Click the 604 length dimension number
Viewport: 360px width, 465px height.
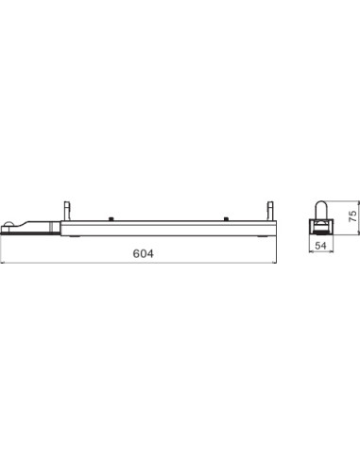[x=142, y=254]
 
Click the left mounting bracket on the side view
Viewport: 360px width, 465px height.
[x=66, y=209]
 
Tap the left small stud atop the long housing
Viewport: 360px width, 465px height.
[x=111, y=217]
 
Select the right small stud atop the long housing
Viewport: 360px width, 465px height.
[x=227, y=217]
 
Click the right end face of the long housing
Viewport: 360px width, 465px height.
[x=276, y=227]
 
